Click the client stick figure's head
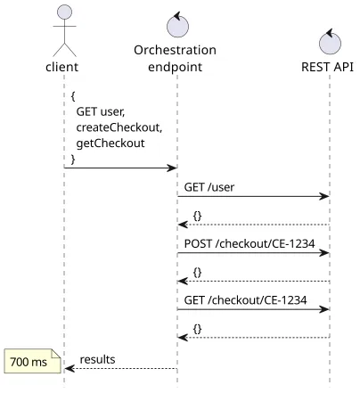tap(64, 12)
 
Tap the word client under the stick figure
tap(62, 67)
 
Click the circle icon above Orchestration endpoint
tap(177, 26)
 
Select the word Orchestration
tap(175, 50)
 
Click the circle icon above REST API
tap(330, 42)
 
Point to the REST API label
tap(327, 67)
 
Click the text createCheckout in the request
tap(119, 127)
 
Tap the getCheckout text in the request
tap(110, 143)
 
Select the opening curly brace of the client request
tap(73, 96)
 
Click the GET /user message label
tap(209, 187)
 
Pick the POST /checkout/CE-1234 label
tap(250, 243)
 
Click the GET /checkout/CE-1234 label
tap(245, 300)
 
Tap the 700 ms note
tap(32, 361)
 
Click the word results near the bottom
tap(97, 359)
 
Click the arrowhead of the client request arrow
tap(172, 168)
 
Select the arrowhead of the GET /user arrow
tap(324, 196)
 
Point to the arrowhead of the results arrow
tap(70, 369)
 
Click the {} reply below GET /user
tap(197, 216)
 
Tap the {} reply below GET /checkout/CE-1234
tap(197, 329)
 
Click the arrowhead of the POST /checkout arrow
tap(324, 253)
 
